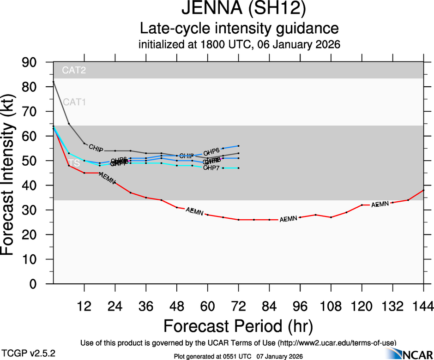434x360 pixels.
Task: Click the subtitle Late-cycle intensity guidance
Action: coord(239,29)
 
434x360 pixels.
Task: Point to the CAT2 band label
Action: coord(75,71)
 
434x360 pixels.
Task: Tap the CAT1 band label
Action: coord(75,102)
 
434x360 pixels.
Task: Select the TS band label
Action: coord(74,163)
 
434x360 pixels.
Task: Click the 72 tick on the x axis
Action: coord(238,305)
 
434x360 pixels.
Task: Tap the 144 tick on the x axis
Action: coord(423,305)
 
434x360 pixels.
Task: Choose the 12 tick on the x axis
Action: coord(84,305)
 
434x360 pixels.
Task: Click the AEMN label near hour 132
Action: coord(380,204)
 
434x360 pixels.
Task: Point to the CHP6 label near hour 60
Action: coord(211,151)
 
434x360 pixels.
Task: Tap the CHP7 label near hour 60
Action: coord(211,168)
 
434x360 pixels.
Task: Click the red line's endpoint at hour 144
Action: coord(423,190)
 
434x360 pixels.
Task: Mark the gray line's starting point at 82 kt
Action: coord(54,82)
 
